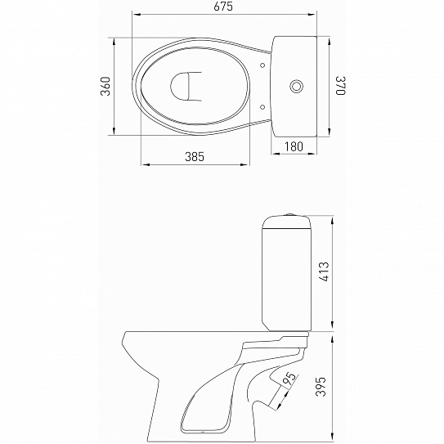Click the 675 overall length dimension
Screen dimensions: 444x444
tap(223, 7)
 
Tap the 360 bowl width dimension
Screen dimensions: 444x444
tap(105, 86)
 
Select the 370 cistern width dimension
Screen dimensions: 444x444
tap(340, 86)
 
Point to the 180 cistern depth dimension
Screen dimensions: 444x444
tap(294, 146)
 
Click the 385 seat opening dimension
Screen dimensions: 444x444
tap(195, 157)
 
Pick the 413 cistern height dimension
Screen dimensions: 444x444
tap(324, 271)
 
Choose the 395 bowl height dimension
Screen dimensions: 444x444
tap(321, 387)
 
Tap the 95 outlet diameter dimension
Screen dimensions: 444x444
tap(289, 379)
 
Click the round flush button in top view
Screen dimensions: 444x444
tap(297, 86)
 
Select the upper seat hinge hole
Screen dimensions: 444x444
tap(262, 65)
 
